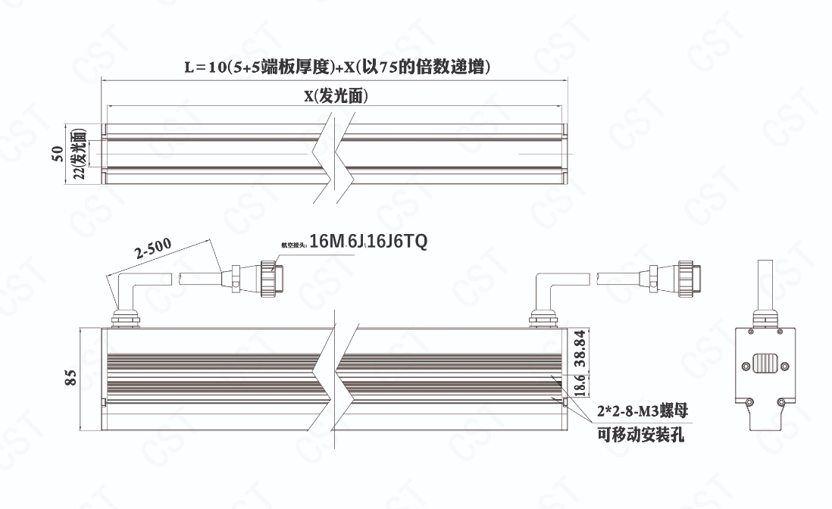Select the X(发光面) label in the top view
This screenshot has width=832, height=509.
tap(336, 96)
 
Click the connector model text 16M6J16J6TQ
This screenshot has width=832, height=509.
tap(369, 242)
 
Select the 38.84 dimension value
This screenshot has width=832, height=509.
tap(580, 345)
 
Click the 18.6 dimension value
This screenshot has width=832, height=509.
tap(580, 385)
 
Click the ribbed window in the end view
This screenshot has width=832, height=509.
tap(768, 364)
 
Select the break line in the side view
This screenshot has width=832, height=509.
tap(334, 375)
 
